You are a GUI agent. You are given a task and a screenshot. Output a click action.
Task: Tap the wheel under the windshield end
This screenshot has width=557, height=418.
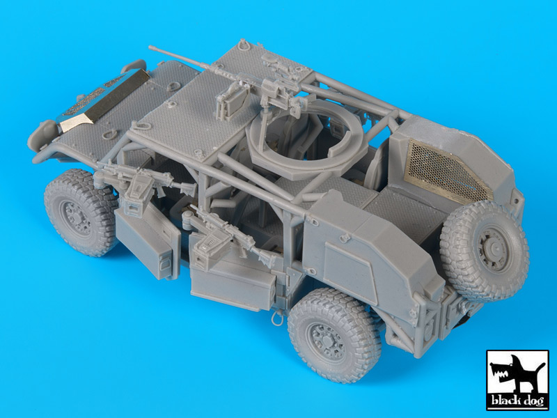(81, 212)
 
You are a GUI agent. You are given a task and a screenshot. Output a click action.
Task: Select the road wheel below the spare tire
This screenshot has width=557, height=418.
(335, 335)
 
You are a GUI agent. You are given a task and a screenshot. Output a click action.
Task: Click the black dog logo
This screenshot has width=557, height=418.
(517, 380)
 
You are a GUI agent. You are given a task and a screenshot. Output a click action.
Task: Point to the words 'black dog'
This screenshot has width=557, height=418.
(517, 401)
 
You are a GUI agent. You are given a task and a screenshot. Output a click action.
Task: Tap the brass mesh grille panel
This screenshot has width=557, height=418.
(448, 171)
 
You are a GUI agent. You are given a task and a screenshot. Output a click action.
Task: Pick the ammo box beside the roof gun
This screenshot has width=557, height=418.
(233, 102)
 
